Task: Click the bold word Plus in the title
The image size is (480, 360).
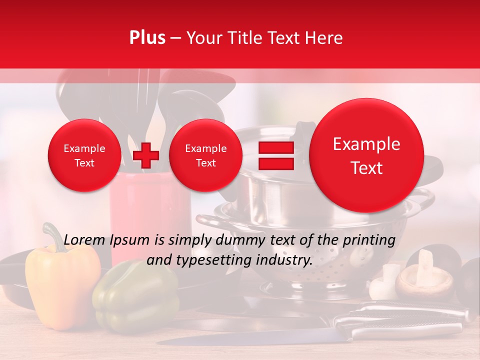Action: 147,37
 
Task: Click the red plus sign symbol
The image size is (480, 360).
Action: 145,155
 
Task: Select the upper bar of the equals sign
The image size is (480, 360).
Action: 275,147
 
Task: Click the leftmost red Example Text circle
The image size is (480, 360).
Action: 84,155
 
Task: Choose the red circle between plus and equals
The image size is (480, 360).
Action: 205,155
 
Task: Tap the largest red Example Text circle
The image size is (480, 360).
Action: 366,155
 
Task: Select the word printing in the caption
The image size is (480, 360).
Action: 369,240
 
